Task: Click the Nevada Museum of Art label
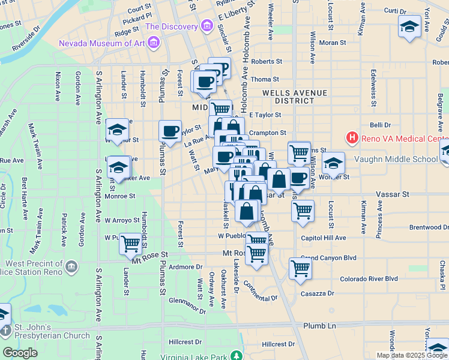coord(102,43)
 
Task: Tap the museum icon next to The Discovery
coord(207,26)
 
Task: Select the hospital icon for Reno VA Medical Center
coord(352,138)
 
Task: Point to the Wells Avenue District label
coord(295,97)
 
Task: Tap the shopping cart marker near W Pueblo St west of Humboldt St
coord(130,244)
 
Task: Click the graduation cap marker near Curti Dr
coord(409,26)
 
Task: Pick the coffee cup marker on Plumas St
coord(170,131)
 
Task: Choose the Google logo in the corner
coord(20,353)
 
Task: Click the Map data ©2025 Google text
coord(412,355)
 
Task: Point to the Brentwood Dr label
coord(429,227)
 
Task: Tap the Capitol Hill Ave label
coord(324,238)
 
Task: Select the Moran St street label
coord(333,43)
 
